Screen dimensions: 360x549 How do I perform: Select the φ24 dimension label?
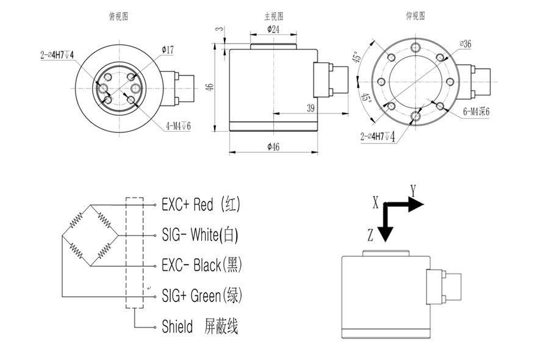coord(274,29)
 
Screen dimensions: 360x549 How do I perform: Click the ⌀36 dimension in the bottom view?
coord(466,44)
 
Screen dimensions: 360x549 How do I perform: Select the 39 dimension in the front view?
coord(310,108)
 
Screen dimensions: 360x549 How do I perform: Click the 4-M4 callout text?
coord(178,126)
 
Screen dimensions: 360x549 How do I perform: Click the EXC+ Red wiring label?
coord(201,204)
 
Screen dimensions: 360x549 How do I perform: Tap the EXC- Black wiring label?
coord(202,265)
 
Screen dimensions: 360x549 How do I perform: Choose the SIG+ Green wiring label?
coord(202,296)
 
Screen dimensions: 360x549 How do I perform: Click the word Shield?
coord(178,326)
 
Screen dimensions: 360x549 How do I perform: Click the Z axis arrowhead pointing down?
coord(387,234)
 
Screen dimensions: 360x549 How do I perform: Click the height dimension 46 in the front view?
coord(209,87)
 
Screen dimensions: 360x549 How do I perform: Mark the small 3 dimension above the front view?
coord(218,29)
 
